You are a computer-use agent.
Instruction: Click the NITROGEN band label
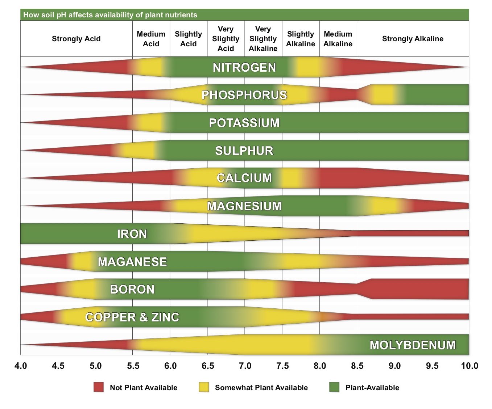click(x=244, y=67)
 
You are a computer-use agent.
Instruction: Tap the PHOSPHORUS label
click(x=244, y=95)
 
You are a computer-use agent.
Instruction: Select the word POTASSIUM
click(x=244, y=123)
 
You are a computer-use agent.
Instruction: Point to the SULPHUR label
click(x=244, y=151)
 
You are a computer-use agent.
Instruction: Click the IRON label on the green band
click(x=132, y=234)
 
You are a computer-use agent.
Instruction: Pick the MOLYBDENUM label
click(x=412, y=345)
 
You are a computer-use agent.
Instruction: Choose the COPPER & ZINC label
click(x=132, y=317)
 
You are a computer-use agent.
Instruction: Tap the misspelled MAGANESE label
click(x=132, y=262)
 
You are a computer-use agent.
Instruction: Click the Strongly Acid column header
click(x=76, y=39)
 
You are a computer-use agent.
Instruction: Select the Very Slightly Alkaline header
click(x=263, y=39)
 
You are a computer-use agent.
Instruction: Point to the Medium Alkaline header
click(x=338, y=39)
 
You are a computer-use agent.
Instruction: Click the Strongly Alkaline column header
click(x=412, y=39)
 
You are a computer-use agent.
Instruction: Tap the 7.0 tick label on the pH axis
click(x=245, y=366)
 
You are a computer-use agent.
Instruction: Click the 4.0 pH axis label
click(x=21, y=366)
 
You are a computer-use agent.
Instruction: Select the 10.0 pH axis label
click(x=469, y=366)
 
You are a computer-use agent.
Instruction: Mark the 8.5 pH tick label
click(x=357, y=366)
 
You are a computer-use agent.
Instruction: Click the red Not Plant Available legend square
click(x=98, y=387)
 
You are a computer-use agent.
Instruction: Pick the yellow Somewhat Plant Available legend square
click(x=204, y=387)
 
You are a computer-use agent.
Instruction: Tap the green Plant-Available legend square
click(x=334, y=387)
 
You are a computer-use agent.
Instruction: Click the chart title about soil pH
click(x=110, y=15)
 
